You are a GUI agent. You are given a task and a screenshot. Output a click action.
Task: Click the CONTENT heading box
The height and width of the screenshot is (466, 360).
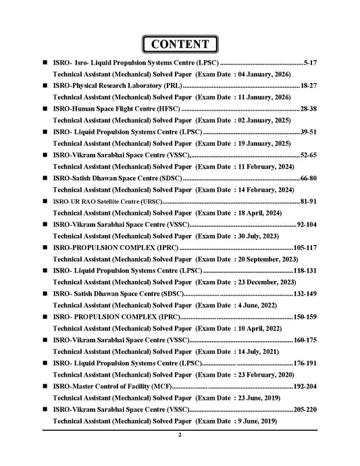[x=180, y=45]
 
